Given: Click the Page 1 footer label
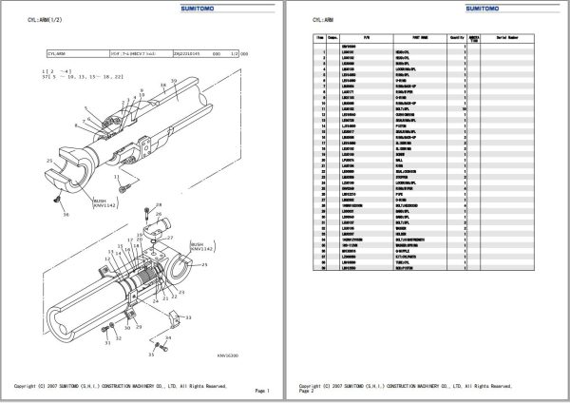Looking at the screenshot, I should [x=262, y=391].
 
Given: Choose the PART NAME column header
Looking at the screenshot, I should [x=413, y=38].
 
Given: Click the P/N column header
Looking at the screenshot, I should [x=364, y=38].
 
